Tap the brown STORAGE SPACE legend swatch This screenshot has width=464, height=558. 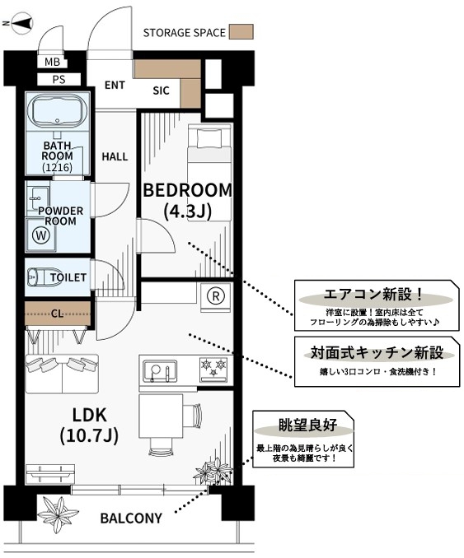tap(241, 31)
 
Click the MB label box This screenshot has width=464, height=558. tap(53, 63)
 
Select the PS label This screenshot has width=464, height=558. tap(59, 79)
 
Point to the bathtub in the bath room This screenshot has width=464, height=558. tap(57, 110)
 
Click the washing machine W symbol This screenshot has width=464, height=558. tap(41, 235)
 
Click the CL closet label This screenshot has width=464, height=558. tap(57, 314)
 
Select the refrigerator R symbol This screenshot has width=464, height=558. tap(216, 296)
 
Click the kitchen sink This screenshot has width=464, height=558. tap(160, 371)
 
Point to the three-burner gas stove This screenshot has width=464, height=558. tap(213, 369)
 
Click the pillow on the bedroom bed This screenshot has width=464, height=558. tap(210, 137)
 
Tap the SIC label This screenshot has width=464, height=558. tap(161, 91)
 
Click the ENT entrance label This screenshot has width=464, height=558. tap(115, 86)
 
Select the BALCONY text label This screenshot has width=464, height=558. tap(131, 518)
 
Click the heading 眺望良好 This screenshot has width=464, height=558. tap(307, 425)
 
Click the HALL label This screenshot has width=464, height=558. tap(115, 156)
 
